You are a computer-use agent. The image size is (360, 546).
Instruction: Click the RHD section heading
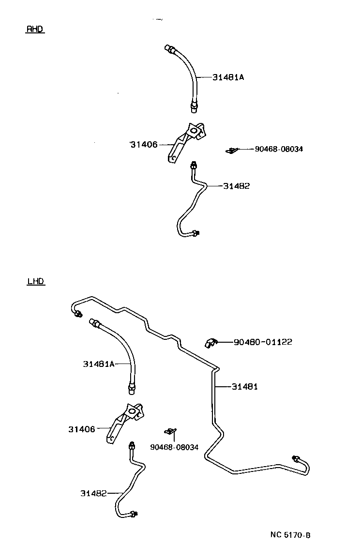click(34, 29)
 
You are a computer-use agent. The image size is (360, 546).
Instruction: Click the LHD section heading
click(36, 281)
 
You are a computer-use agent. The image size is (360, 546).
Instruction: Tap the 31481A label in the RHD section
click(228, 77)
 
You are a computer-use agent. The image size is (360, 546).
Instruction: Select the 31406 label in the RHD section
click(144, 144)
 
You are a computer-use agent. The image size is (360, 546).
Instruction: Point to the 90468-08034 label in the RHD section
click(279, 149)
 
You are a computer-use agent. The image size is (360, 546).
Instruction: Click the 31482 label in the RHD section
click(236, 186)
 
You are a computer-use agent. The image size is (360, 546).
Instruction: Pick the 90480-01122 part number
click(263, 342)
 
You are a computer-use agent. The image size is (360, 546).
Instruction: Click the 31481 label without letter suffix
click(244, 386)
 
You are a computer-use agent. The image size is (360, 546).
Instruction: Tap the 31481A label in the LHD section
click(98, 364)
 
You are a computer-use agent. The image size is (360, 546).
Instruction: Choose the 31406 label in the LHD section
click(82, 429)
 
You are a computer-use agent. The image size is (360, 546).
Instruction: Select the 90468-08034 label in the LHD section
click(174, 447)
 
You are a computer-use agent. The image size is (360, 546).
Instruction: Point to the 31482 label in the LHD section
click(93, 493)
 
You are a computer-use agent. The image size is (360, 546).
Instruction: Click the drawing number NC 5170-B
click(290, 535)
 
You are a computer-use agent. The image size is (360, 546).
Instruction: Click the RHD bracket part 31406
click(186, 141)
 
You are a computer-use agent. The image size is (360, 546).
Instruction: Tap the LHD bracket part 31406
click(124, 420)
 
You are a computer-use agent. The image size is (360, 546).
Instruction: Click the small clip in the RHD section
click(231, 150)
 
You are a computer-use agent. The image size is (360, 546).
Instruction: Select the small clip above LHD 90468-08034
click(170, 431)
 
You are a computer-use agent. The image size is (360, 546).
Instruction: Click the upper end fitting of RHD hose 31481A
click(170, 48)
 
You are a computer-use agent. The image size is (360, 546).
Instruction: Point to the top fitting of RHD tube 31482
click(194, 166)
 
